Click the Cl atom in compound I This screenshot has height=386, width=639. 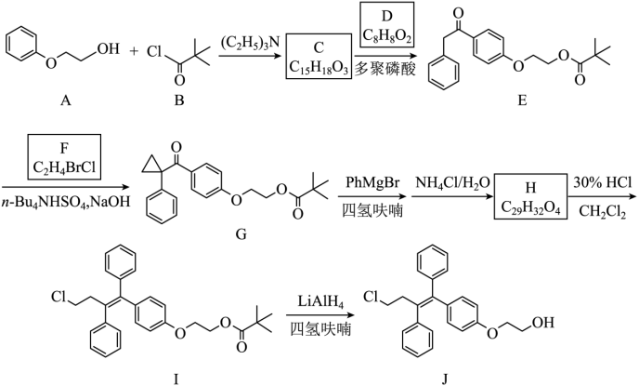(60, 299)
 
